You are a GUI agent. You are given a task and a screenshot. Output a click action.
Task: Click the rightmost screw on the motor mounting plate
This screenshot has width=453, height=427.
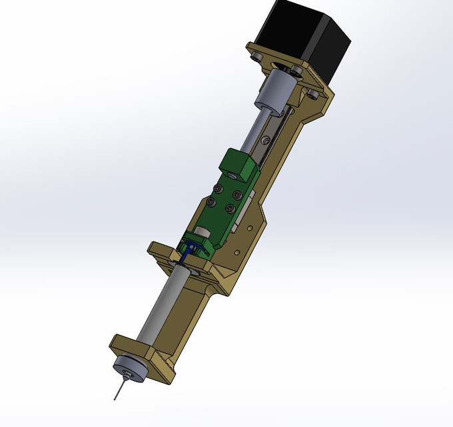[x=310, y=94]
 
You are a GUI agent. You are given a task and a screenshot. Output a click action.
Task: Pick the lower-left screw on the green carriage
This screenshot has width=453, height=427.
[x=212, y=202]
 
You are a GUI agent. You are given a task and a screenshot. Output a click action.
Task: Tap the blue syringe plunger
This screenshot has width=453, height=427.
[x=189, y=250]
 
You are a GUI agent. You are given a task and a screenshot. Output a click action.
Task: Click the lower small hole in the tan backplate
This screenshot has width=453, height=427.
[x=237, y=253]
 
